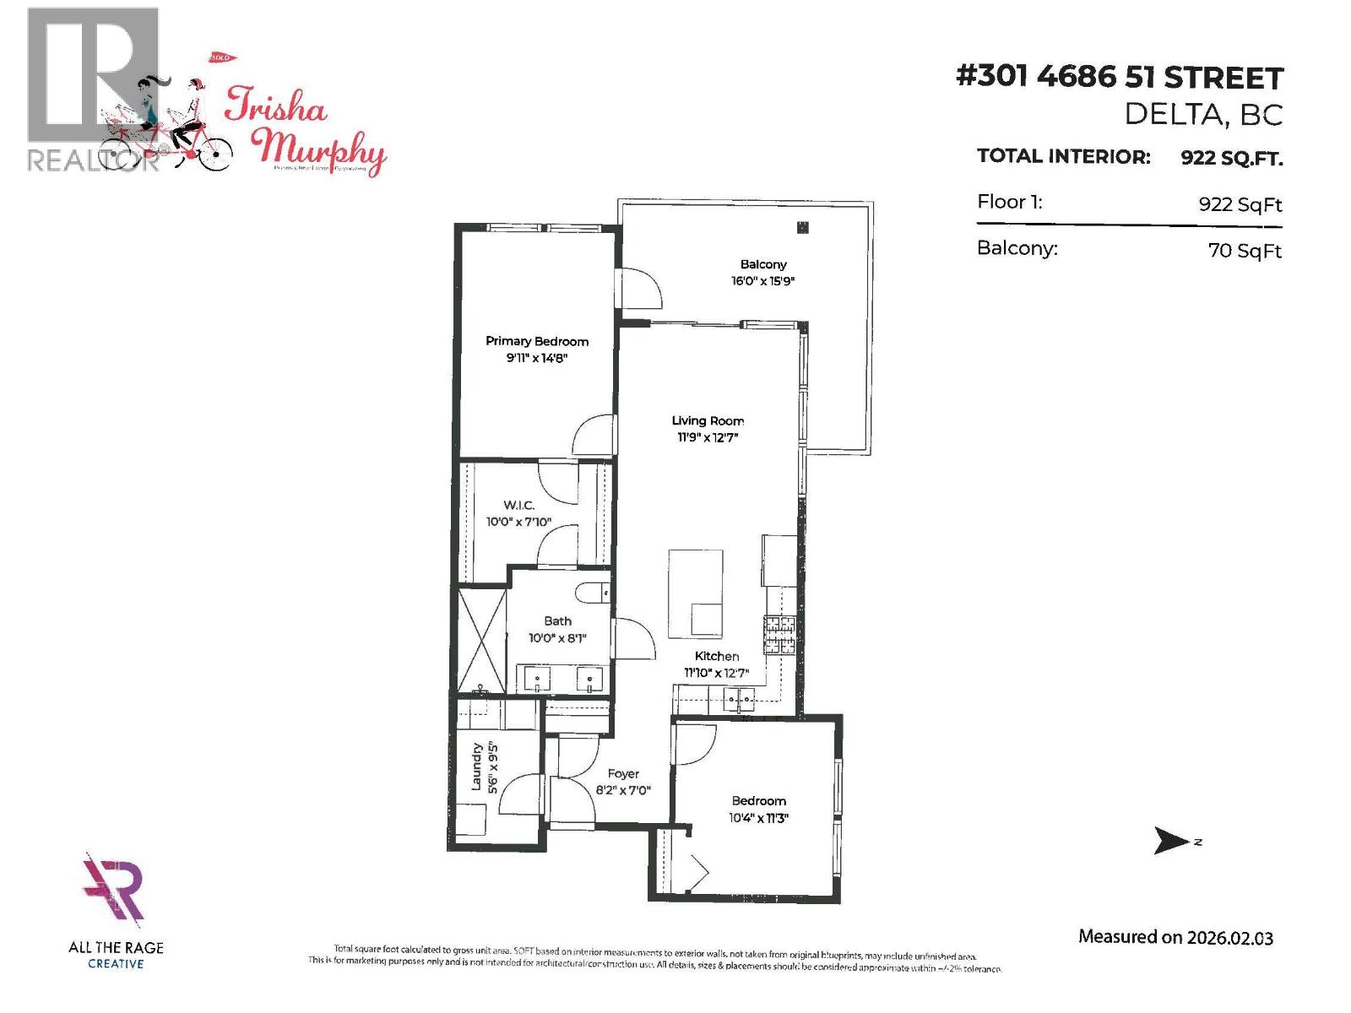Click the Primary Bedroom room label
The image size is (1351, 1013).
[537, 341]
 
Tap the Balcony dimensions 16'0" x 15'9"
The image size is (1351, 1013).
[762, 281]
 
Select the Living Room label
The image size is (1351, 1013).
[708, 420]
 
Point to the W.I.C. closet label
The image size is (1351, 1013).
[518, 505]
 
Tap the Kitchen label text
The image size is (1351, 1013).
[717, 656]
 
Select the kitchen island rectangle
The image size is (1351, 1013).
[696, 591]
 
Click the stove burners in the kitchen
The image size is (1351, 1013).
[779, 634]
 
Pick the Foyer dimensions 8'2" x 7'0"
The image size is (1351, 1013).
[623, 791]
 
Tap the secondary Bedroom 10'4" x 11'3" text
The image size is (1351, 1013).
[758, 817]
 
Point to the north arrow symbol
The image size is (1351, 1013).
[1171, 841]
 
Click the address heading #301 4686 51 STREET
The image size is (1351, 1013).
[1120, 78]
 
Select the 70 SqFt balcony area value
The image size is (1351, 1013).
[1245, 251]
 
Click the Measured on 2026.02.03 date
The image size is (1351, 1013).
[1175, 937]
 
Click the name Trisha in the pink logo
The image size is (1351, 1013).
[275, 111]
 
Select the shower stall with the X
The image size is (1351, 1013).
[481, 641]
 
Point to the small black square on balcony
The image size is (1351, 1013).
[802, 227]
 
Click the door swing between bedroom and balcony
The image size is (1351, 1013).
[639, 290]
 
